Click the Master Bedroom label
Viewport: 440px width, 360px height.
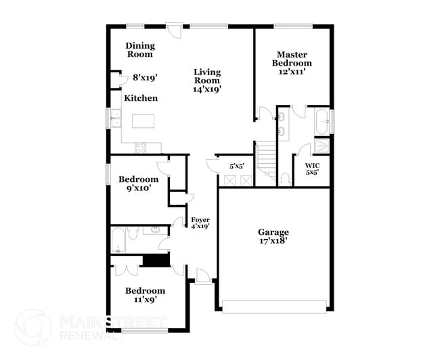pyautogui.click(x=292, y=63)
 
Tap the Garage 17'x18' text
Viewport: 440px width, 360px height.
pyautogui.click(x=273, y=236)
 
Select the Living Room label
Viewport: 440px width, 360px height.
pyautogui.click(x=207, y=80)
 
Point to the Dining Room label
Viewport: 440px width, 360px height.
pyautogui.click(x=140, y=49)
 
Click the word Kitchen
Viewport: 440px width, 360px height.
pyautogui.click(x=141, y=98)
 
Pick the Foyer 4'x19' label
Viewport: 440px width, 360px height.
pyautogui.click(x=200, y=223)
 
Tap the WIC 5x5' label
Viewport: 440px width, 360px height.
pyautogui.click(x=311, y=168)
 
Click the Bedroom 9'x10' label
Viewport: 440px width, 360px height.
pyautogui.click(x=139, y=183)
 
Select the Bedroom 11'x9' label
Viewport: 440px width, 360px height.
pyautogui.click(x=145, y=295)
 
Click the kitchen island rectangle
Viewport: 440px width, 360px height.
pyautogui.click(x=144, y=122)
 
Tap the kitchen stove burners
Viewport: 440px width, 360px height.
pyautogui.click(x=141, y=146)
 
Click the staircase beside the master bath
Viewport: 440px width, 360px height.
pyautogui.click(x=267, y=162)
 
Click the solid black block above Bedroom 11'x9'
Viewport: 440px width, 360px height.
pyautogui.click(x=156, y=261)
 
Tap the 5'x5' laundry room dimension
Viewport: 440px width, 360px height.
pyautogui.click(x=237, y=165)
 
